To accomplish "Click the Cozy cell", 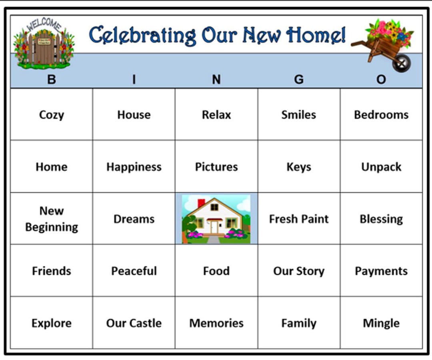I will pos(51,115).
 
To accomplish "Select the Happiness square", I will pos(134,167).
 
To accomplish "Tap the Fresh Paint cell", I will pos(299,219).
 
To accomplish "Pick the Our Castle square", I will pos(134,323).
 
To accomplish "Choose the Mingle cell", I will pos(381,323).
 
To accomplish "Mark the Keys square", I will pos(299,167).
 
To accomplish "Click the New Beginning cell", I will pos(51,219).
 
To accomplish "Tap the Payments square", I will pos(381,271).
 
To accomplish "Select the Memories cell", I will pos(216,323).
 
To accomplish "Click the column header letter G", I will pos(299,80).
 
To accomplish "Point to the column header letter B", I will pos(51,80).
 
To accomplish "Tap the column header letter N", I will pos(216,80).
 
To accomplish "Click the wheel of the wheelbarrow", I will pos(401,63).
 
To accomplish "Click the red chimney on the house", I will pos(201,203).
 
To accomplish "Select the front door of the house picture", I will pos(215,227).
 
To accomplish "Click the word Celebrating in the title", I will pos(142,35).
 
